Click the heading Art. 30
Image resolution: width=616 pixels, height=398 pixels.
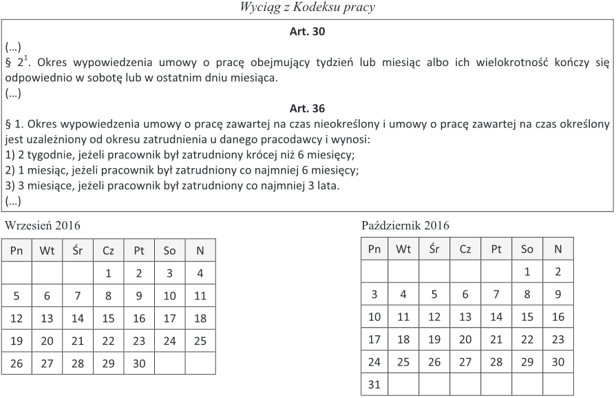click(308, 32)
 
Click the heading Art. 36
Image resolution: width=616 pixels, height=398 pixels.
click(308, 108)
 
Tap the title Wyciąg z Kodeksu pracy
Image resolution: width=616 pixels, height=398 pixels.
click(308, 8)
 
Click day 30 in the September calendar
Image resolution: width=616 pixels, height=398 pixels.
click(139, 364)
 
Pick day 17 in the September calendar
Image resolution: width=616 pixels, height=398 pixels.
click(169, 319)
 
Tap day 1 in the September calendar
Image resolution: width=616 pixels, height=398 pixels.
click(109, 273)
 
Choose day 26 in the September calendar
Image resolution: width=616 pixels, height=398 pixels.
click(17, 364)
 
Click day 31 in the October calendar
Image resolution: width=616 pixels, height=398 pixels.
click(374, 384)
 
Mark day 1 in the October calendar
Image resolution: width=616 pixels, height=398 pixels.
click(527, 272)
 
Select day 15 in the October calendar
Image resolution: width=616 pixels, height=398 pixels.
click(527, 317)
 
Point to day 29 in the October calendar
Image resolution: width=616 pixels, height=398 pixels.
click(527, 362)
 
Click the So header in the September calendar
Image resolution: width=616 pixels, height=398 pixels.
click(169, 251)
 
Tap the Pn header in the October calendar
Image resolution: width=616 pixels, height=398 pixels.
click(374, 249)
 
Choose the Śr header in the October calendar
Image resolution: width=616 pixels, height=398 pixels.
click(434, 249)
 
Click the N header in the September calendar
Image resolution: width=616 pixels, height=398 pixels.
click(200, 251)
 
